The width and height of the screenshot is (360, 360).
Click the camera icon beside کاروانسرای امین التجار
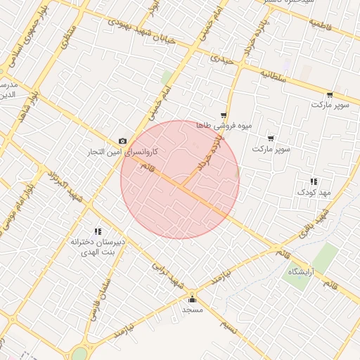tap(123, 141)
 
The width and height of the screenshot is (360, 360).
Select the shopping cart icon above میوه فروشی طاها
tap(224, 115)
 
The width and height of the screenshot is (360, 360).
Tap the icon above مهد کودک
tap(313, 181)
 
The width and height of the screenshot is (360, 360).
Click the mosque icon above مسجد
tap(192, 299)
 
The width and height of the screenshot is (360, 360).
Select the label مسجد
tap(192, 309)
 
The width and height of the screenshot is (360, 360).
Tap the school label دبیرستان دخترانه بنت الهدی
tap(98, 246)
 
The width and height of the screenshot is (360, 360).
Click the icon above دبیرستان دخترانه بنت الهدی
tap(98, 231)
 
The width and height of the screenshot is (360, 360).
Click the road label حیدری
tap(224, 58)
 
